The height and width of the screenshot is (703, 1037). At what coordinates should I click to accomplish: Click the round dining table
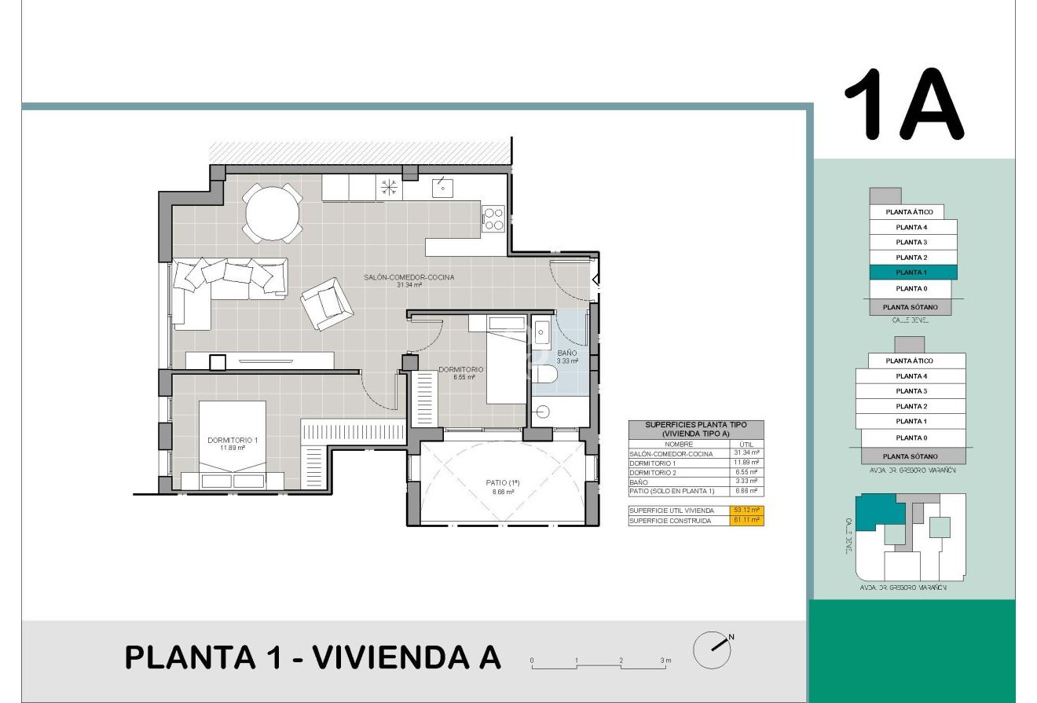(x=272, y=213)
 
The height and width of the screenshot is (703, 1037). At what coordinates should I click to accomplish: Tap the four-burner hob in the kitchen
(x=493, y=218)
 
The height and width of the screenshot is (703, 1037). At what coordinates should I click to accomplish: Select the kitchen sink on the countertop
(x=442, y=187)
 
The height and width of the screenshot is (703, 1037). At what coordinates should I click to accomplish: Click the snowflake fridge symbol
(x=389, y=187)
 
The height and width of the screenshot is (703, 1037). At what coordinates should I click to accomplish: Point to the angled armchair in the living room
(x=325, y=304)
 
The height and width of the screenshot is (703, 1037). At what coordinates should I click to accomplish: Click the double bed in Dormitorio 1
(x=233, y=445)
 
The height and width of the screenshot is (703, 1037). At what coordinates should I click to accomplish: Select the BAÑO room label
(x=566, y=353)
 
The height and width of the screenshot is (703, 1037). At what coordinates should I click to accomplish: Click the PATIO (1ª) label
(x=503, y=483)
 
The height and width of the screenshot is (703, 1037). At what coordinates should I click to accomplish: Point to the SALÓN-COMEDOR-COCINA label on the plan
(x=409, y=277)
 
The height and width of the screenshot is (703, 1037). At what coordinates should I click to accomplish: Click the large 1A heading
(x=903, y=104)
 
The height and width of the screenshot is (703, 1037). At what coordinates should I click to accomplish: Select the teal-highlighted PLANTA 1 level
(x=912, y=273)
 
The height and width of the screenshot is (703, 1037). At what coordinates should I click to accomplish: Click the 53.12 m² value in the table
(x=746, y=510)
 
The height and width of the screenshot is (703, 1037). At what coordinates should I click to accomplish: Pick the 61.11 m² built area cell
(x=746, y=521)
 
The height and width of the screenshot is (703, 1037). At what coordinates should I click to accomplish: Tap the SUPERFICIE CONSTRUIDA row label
(x=670, y=521)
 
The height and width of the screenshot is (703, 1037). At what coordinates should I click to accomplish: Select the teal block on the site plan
(x=874, y=512)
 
